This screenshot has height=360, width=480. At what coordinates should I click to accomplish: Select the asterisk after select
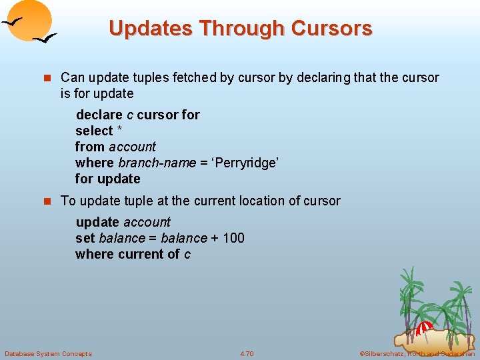coord(119,131)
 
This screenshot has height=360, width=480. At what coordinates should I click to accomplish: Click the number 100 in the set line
coord(233,238)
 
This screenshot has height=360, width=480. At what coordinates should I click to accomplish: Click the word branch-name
coord(157,163)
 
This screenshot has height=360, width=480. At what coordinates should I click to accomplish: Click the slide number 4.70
coord(247,353)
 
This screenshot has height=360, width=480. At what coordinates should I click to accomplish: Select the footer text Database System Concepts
coord(48,353)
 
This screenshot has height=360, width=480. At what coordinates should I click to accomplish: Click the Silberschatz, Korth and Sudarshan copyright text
coord(417,353)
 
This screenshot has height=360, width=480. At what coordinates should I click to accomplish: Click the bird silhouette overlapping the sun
coord(15,22)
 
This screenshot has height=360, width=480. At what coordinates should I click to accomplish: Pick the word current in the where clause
coord(140,254)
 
